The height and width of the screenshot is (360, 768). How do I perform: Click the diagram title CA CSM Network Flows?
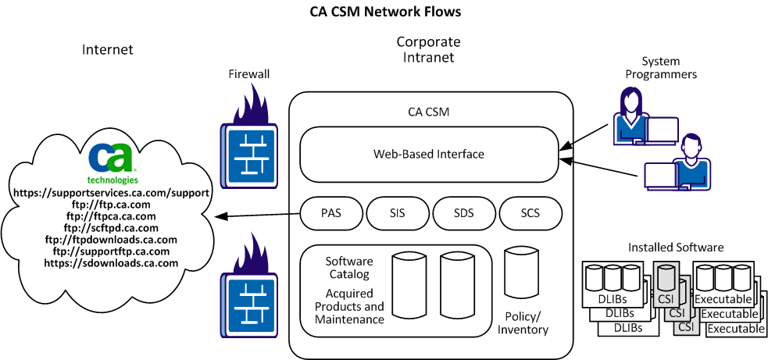click(x=384, y=12)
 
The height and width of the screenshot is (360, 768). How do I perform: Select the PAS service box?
click(x=331, y=212)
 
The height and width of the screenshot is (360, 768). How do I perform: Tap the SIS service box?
click(x=397, y=212)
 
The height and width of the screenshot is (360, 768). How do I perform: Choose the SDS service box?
click(x=463, y=212)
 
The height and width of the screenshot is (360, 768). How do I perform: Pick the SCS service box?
click(x=530, y=212)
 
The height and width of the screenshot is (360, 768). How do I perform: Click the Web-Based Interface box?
click(x=428, y=155)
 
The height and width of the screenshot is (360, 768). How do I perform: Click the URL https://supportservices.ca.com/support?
click(x=112, y=192)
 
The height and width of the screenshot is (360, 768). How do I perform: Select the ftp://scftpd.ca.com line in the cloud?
click(x=112, y=227)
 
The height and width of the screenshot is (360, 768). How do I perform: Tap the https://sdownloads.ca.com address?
click(x=112, y=263)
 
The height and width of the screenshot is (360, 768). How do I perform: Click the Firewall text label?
click(x=248, y=74)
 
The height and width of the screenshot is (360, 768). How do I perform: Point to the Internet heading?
click(x=108, y=50)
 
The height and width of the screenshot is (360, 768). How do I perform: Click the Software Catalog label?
click(x=348, y=267)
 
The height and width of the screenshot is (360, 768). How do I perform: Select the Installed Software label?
click(x=676, y=248)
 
